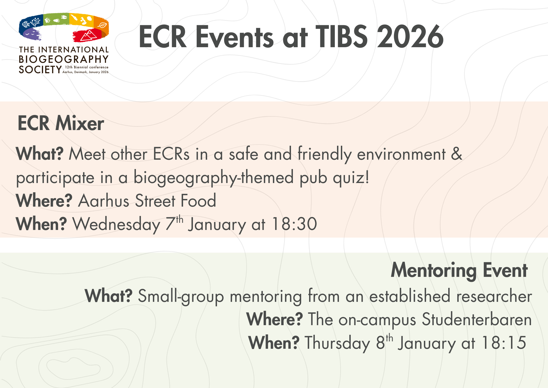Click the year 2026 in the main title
pyautogui.click(x=410, y=37)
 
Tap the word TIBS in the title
pyautogui.click(x=341, y=37)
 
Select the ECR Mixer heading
pyautogui.click(x=61, y=123)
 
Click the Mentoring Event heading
pyautogui.click(x=459, y=271)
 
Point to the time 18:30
pyautogui.click(x=294, y=224)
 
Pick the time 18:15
pyautogui.click(x=504, y=343)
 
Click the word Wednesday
pyautogui.click(x=116, y=224)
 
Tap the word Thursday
pyautogui.click(x=337, y=343)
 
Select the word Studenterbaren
pyautogui.click(x=477, y=319)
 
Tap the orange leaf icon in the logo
pyautogui.click(x=102, y=25)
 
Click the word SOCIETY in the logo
pyautogui.click(x=40, y=70)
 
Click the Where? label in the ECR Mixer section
pyautogui.click(x=44, y=201)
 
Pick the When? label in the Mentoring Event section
pyautogui.click(x=274, y=343)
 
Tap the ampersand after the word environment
pyautogui.click(x=456, y=154)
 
